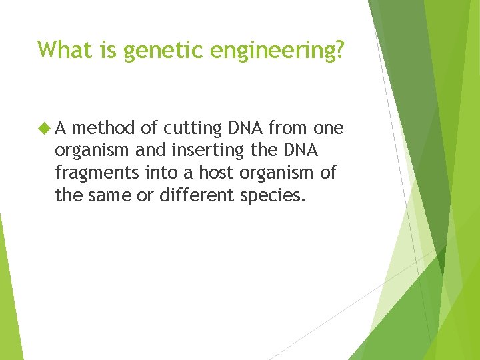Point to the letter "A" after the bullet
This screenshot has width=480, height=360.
coord(61,127)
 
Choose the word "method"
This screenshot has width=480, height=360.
coord(105,127)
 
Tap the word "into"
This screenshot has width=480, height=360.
coord(161,172)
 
